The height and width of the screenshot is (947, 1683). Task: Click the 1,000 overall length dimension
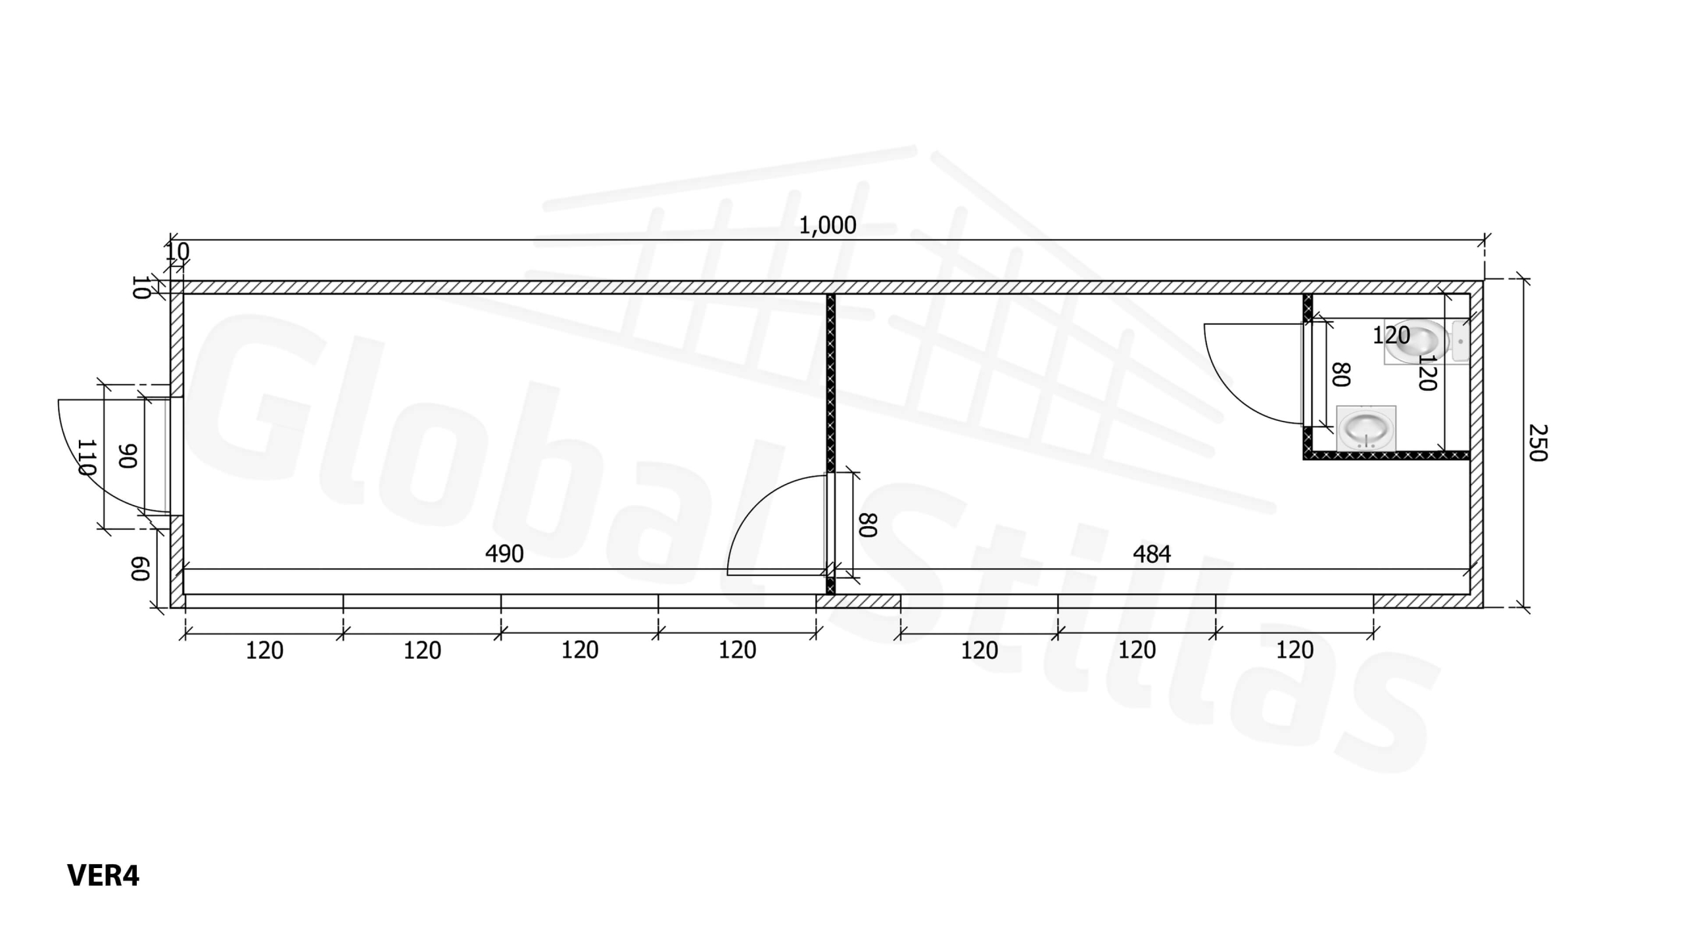827,226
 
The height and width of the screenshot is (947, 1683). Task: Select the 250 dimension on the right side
1538,443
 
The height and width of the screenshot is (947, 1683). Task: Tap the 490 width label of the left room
504,554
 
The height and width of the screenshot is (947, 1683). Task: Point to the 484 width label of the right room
1152,554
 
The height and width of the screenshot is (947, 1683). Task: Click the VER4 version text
103,875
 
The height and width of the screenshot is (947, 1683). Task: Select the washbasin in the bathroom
1366,428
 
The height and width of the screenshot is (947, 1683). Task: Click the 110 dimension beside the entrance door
87,457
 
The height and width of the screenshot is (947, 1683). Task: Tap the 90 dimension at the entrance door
128,456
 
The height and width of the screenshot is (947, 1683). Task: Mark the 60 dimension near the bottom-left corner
140,569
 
